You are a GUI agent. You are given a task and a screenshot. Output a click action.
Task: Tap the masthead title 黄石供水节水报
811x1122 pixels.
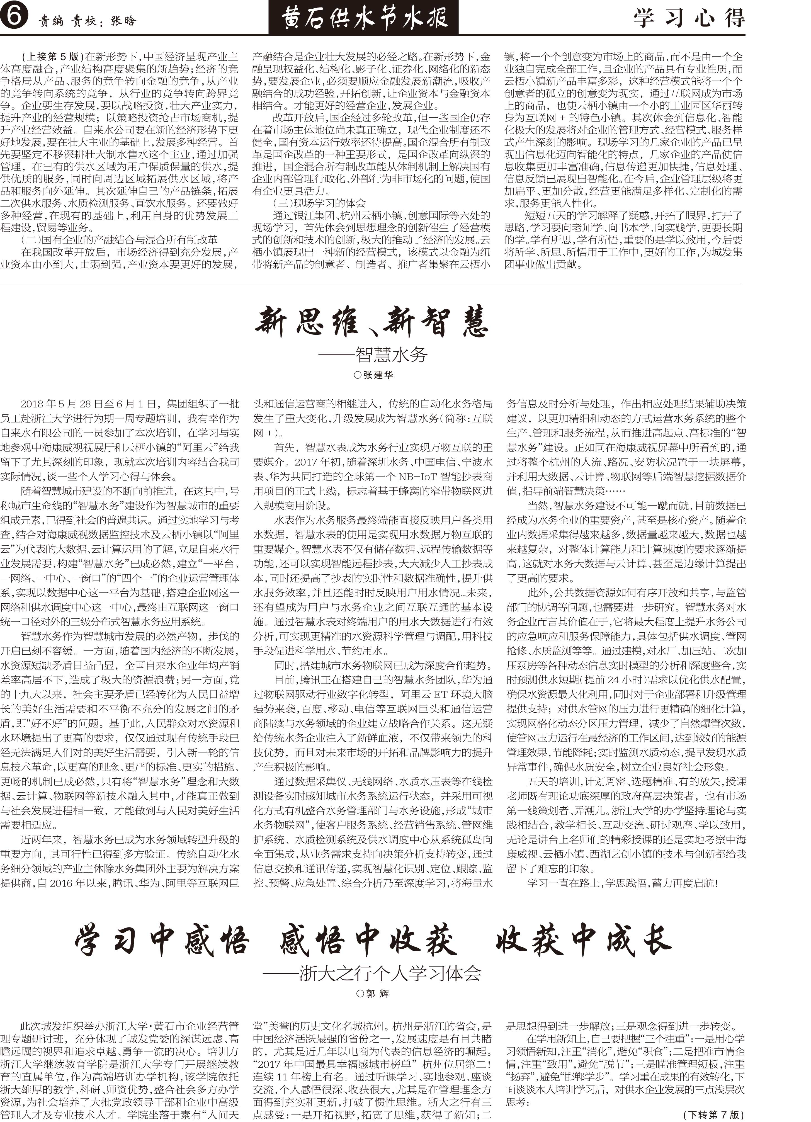pyautogui.click(x=365, y=18)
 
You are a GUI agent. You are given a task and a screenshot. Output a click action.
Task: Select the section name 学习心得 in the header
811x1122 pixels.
pyautogui.click(x=689, y=19)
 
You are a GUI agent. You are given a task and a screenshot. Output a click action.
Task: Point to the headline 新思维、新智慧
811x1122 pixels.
pyautogui.click(x=372, y=322)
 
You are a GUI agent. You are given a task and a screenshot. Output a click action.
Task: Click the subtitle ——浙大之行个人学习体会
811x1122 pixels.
pyautogui.click(x=372, y=973)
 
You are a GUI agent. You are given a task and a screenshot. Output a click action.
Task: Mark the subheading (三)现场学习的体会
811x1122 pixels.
pyautogui.click(x=319, y=203)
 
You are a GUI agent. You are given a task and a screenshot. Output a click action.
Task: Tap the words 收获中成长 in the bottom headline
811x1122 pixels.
pyautogui.click(x=584, y=941)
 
